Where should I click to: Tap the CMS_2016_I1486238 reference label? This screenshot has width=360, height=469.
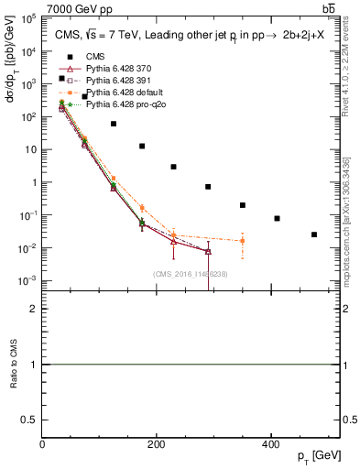pyautogui.click(x=191, y=274)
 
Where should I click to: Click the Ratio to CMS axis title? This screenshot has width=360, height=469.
pyautogui.click(x=13, y=365)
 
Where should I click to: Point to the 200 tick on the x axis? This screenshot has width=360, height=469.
pyautogui.click(x=157, y=444)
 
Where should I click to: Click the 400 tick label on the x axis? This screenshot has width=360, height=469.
pyautogui.click(x=270, y=444)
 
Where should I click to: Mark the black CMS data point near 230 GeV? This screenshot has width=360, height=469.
pyautogui.click(x=173, y=167)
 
